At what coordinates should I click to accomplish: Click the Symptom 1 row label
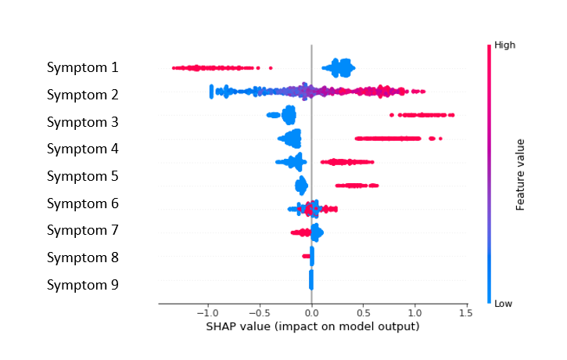click(x=82, y=68)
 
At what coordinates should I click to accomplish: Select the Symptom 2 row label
click(x=82, y=95)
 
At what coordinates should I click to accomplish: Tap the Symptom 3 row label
click(x=82, y=122)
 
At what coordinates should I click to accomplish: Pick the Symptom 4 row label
click(x=82, y=149)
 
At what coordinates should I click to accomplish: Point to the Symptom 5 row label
click(x=82, y=176)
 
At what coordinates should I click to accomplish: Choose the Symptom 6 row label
click(x=82, y=203)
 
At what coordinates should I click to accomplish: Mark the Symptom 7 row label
click(x=82, y=230)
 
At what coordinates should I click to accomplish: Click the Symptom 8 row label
click(x=82, y=257)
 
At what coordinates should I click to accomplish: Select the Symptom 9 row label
click(x=82, y=285)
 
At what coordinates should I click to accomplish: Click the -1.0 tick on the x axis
click(x=207, y=313)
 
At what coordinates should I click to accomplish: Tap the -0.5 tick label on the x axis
click(x=260, y=313)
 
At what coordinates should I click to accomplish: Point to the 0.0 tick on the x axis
click(x=312, y=313)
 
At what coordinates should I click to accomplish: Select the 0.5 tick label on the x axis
click(x=363, y=313)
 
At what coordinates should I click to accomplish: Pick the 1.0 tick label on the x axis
click(x=414, y=313)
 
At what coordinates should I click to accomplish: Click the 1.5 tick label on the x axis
click(x=465, y=313)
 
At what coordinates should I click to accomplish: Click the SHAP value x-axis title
click(x=313, y=326)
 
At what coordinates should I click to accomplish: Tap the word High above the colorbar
click(x=504, y=46)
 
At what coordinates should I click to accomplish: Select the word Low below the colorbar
click(x=504, y=304)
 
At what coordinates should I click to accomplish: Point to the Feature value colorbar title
click(x=519, y=175)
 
